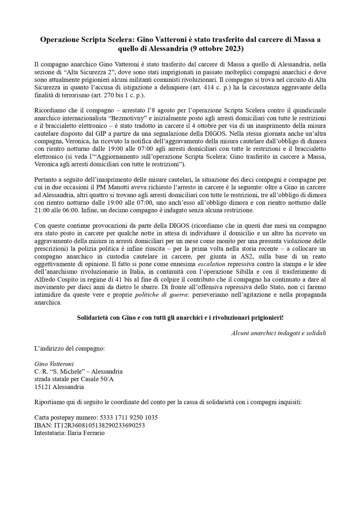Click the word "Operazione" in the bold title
(x=59, y=40)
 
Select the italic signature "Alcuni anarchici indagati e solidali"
(x=279, y=333)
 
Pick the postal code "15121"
(x=42, y=387)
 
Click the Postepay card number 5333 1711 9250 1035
(x=129, y=417)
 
